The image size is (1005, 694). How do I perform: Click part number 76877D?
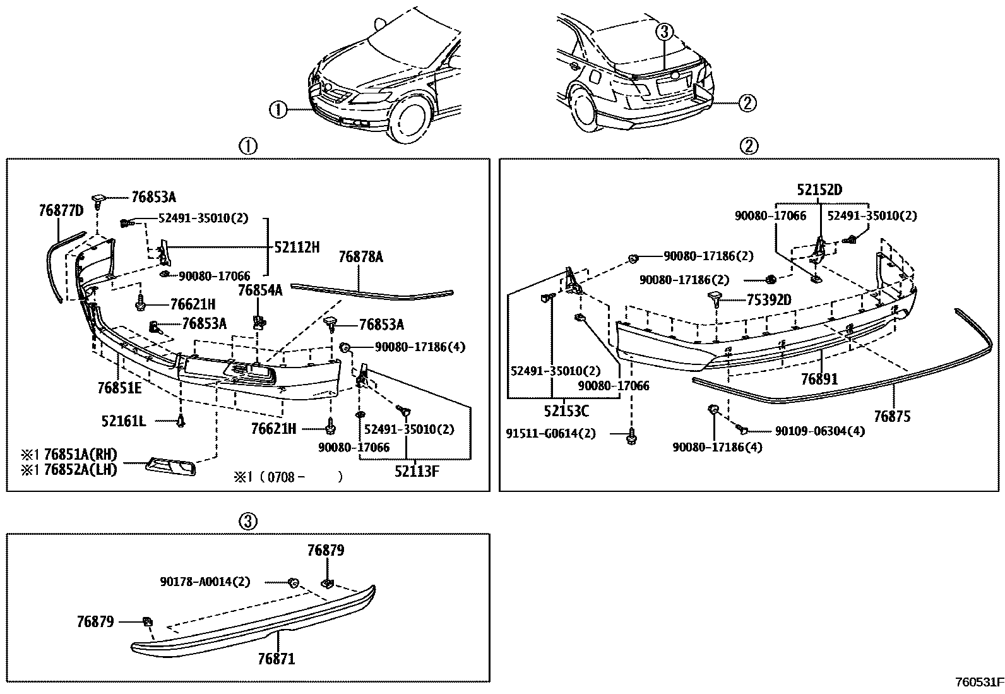tap(61, 210)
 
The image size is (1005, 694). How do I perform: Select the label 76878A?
tap(360, 256)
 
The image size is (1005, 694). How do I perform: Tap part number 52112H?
tap(297, 248)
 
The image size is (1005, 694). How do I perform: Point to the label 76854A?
tap(260, 290)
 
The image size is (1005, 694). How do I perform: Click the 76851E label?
tap(119, 387)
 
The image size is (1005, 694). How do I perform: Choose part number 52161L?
tap(124, 421)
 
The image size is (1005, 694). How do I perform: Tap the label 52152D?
tap(819, 189)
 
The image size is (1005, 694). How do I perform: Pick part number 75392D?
tap(768, 299)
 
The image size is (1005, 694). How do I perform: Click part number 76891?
tap(819, 379)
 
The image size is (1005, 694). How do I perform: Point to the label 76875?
tap(892, 417)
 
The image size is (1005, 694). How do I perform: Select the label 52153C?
tap(566, 411)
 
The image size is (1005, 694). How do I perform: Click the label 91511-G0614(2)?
tap(550, 434)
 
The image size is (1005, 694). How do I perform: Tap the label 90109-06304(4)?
tap(819, 431)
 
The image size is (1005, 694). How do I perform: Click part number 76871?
tap(276, 659)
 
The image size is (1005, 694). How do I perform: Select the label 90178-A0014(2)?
tap(205, 582)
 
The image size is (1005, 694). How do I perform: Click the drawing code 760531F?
tap(978, 682)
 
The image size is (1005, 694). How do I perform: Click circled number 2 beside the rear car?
tap(747, 102)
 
